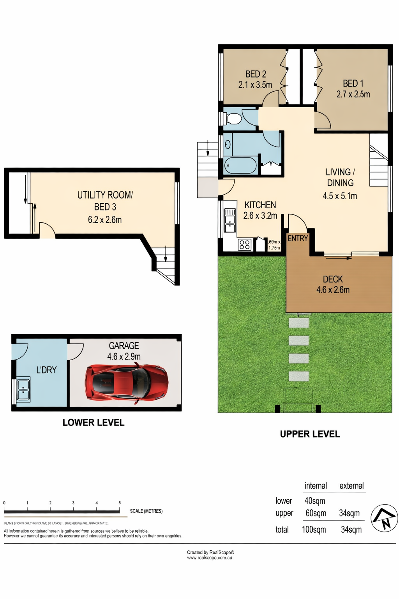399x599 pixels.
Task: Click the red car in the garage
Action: pyautogui.click(x=127, y=382)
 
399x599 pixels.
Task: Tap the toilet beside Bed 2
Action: pyautogui.click(x=233, y=118)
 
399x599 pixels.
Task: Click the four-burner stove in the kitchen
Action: pyautogui.click(x=245, y=245)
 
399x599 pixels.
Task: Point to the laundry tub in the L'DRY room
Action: pyautogui.click(x=23, y=390)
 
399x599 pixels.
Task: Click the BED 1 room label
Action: pyautogui.click(x=353, y=83)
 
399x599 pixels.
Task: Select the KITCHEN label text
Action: pyautogui.click(x=260, y=205)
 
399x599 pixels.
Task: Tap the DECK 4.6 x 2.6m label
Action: pyautogui.click(x=333, y=284)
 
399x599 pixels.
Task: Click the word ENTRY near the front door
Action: pyautogui.click(x=298, y=238)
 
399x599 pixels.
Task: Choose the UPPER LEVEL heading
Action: pyautogui.click(x=310, y=434)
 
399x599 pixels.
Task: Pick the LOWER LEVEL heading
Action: pyautogui.click(x=94, y=422)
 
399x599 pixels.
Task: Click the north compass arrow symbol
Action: pyautogui.click(x=384, y=518)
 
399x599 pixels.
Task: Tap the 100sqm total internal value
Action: pyautogui.click(x=314, y=530)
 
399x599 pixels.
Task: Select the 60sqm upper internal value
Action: pyautogui.click(x=316, y=513)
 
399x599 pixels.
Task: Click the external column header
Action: pyautogui.click(x=351, y=486)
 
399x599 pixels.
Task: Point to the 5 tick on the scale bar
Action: pyautogui.click(x=120, y=503)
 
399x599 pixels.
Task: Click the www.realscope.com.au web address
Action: pyautogui.click(x=210, y=558)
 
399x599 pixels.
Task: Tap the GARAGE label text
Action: pyautogui.click(x=124, y=346)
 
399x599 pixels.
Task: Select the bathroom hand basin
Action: pyautogui.click(x=228, y=145)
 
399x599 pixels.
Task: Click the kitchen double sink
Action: pyautogui.click(x=230, y=220)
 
